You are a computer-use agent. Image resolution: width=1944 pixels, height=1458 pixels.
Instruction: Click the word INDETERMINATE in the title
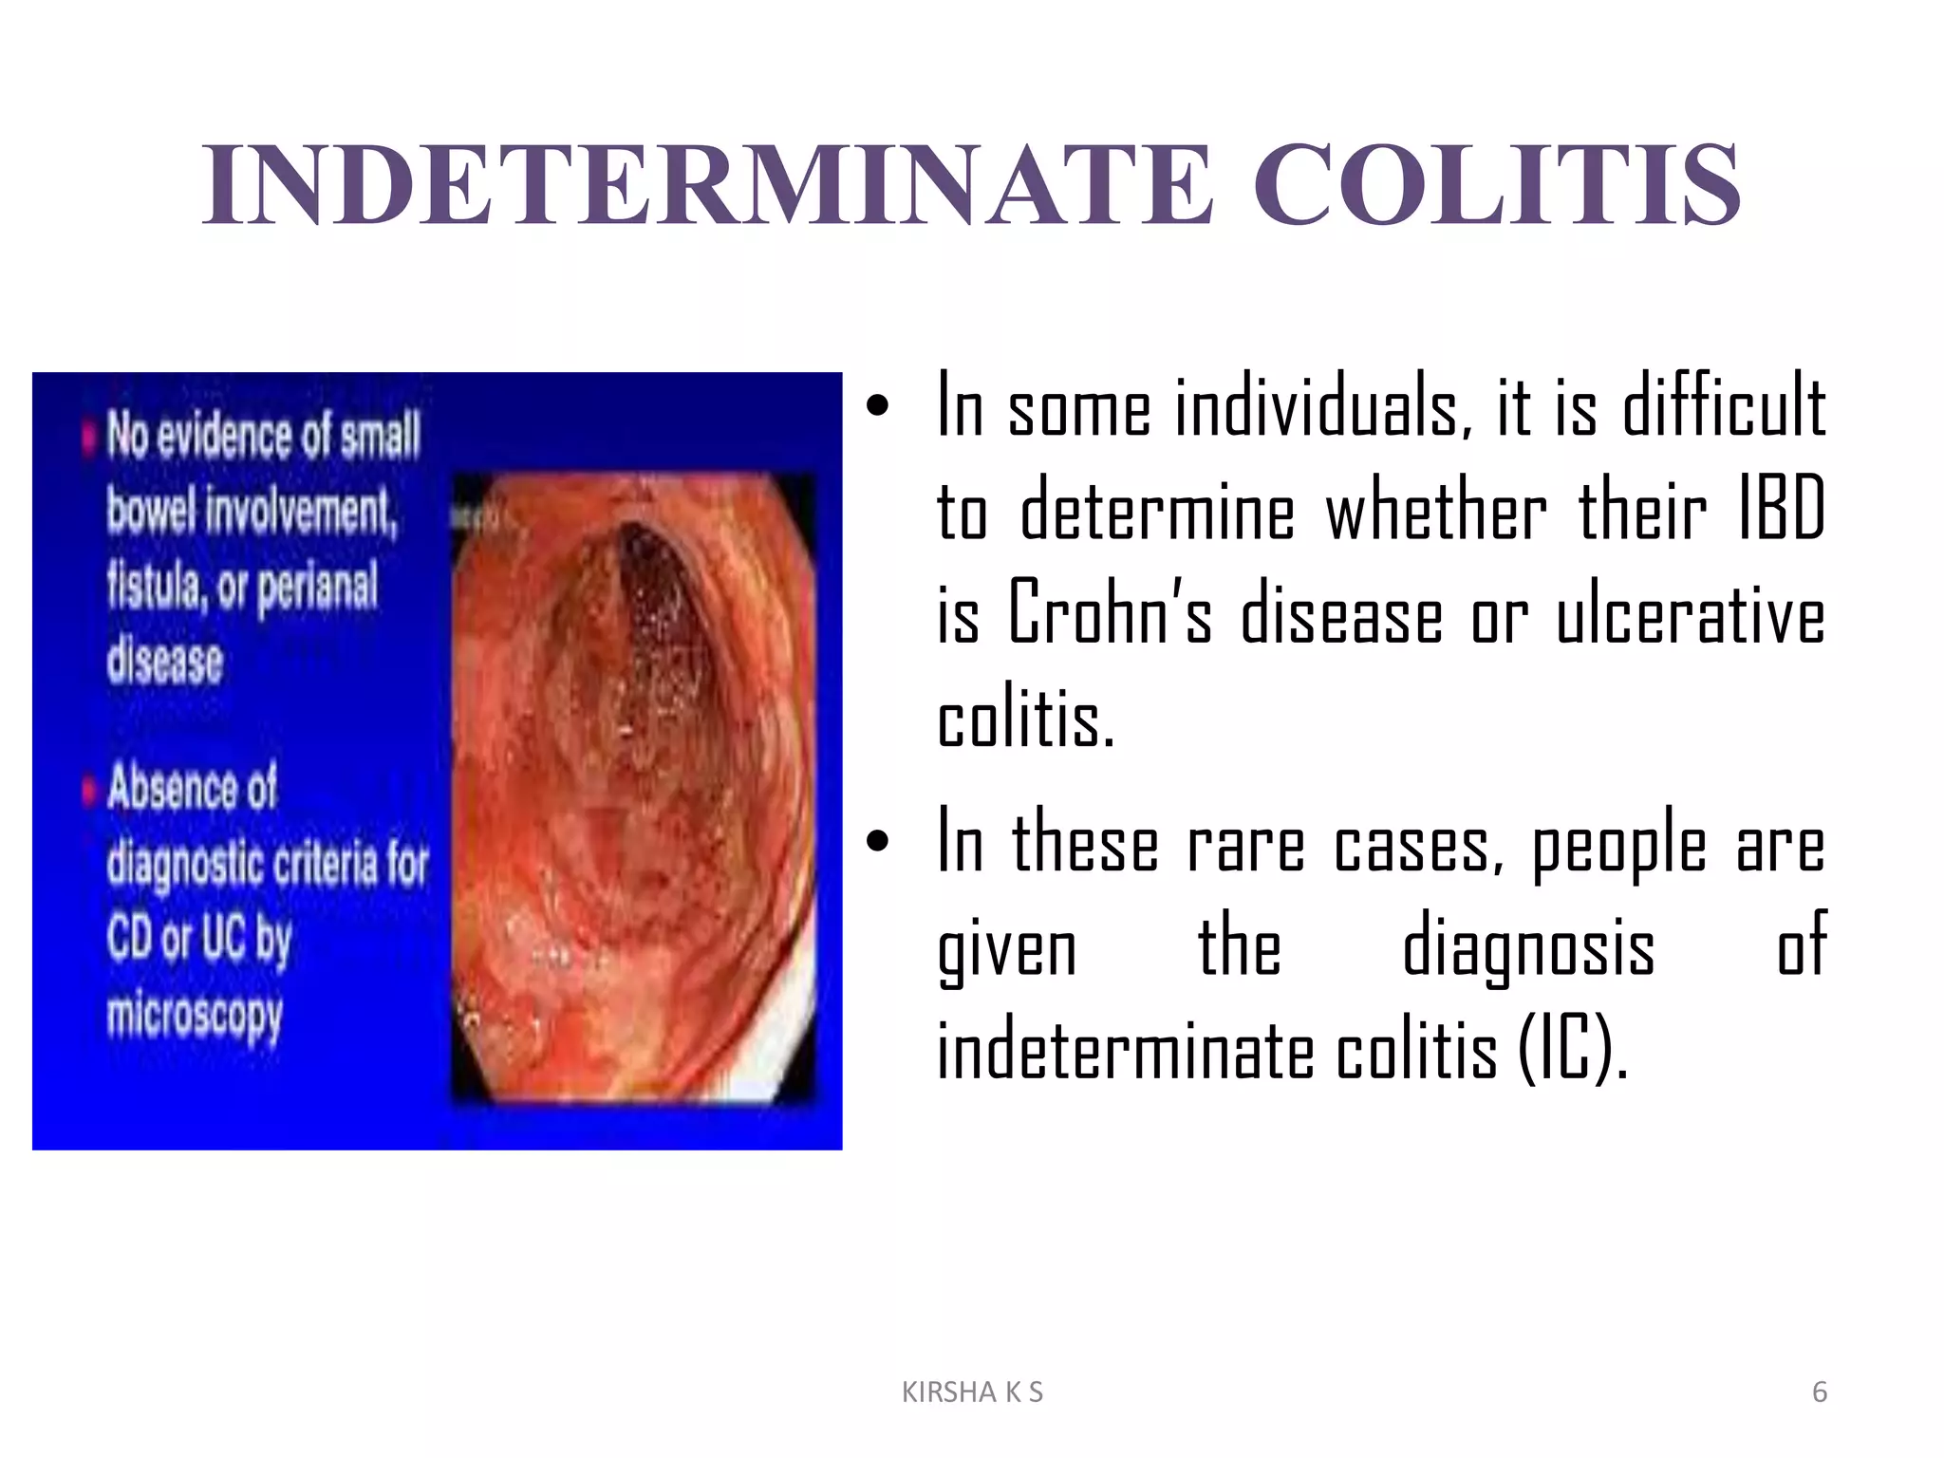click(x=707, y=185)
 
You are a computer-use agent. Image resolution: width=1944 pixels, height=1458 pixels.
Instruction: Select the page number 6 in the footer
click(x=1819, y=1393)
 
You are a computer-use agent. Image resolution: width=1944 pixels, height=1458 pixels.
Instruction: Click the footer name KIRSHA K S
click(x=972, y=1393)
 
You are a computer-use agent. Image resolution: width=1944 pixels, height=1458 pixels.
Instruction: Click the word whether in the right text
click(x=1436, y=511)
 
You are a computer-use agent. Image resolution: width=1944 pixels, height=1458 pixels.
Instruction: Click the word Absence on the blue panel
click(x=192, y=788)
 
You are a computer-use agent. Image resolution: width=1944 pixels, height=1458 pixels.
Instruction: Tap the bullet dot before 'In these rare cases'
click(x=877, y=841)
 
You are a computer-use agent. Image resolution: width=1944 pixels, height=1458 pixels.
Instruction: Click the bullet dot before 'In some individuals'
click(x=877, y=406)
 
